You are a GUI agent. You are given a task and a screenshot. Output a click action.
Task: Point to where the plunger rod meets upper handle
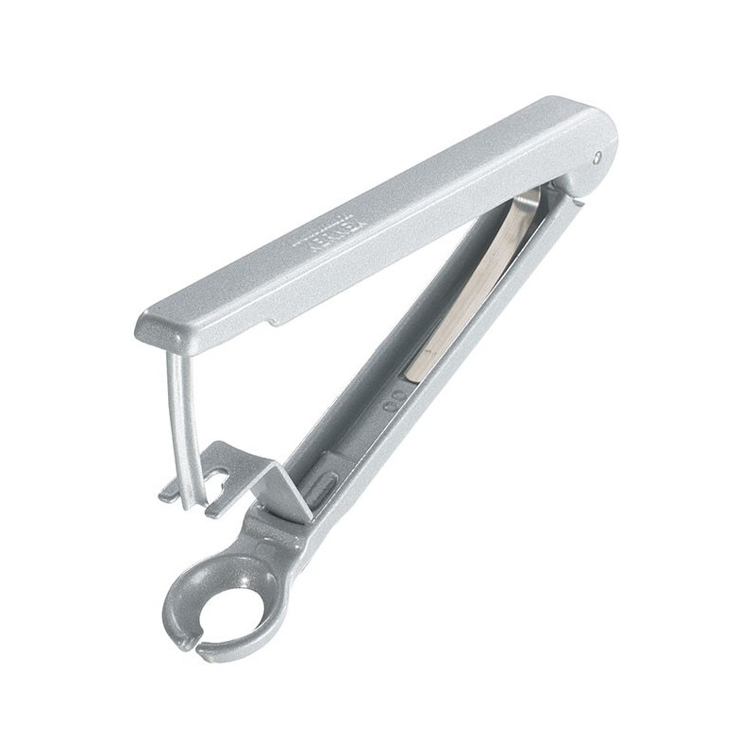pos(173,347)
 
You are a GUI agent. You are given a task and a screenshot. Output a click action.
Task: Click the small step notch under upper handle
pos(275,324)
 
